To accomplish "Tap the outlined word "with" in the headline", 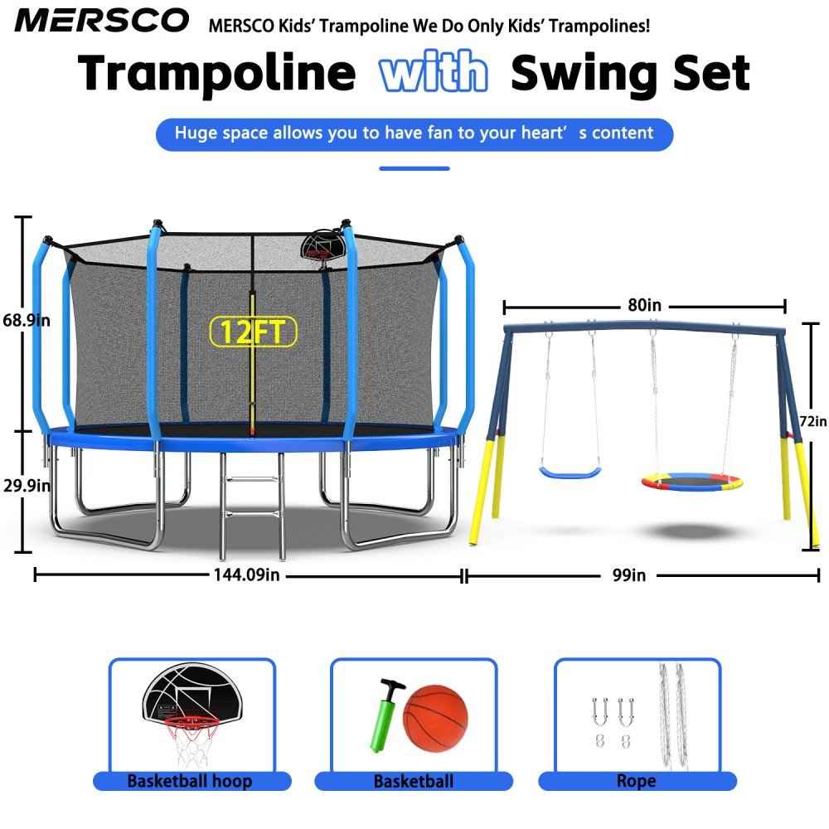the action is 433,71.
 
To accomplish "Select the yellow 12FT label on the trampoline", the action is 253,332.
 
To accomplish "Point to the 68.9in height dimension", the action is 27,320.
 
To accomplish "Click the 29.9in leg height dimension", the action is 27,485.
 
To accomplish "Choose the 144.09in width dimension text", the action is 246,574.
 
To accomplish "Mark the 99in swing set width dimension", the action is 629,575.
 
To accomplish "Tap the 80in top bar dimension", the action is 644,305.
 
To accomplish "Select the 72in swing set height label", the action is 813,421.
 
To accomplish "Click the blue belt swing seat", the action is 570,473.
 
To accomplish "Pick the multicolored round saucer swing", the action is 691,482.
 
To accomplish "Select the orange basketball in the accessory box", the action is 435,717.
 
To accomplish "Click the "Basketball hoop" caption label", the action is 190,781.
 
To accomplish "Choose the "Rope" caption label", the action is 637,781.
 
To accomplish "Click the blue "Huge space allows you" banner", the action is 414,134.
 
